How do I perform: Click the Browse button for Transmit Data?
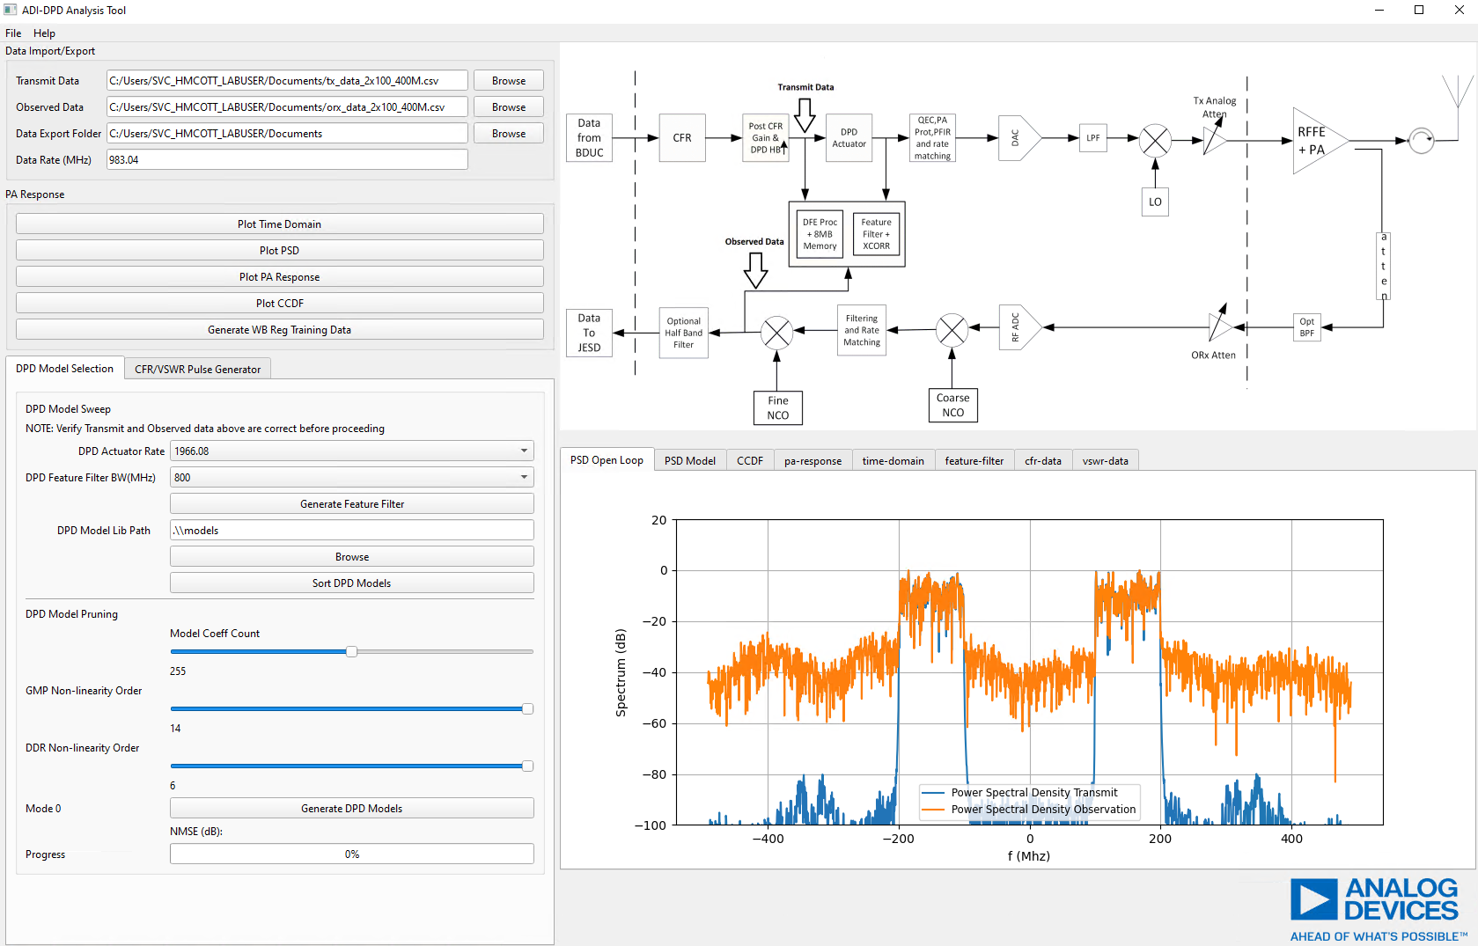[x=509, y=81]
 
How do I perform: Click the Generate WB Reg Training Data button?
[x=279, y=330]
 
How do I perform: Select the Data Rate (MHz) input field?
[x=287, y=160]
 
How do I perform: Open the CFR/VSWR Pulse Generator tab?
[x=197, y=370]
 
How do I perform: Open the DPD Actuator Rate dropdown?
[x=351, y=451]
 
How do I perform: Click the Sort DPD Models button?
[x=351, y=583]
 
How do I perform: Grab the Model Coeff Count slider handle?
[x=351, y=652]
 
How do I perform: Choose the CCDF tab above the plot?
[x=749, y=461]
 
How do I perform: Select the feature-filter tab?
[x=974, y=461]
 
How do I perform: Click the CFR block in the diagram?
[x=682, y=138]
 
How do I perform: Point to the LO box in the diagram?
[x=1155, y=202]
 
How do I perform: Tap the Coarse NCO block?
[x=952, y=405]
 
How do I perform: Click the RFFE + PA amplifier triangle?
[x=1315, y=141]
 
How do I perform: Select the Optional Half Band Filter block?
[x=684, y=333]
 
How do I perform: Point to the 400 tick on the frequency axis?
[x=1291, y=839]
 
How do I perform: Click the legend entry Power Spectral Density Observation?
[x=1043, y=810]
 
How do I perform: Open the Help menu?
[x=44, y=33]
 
